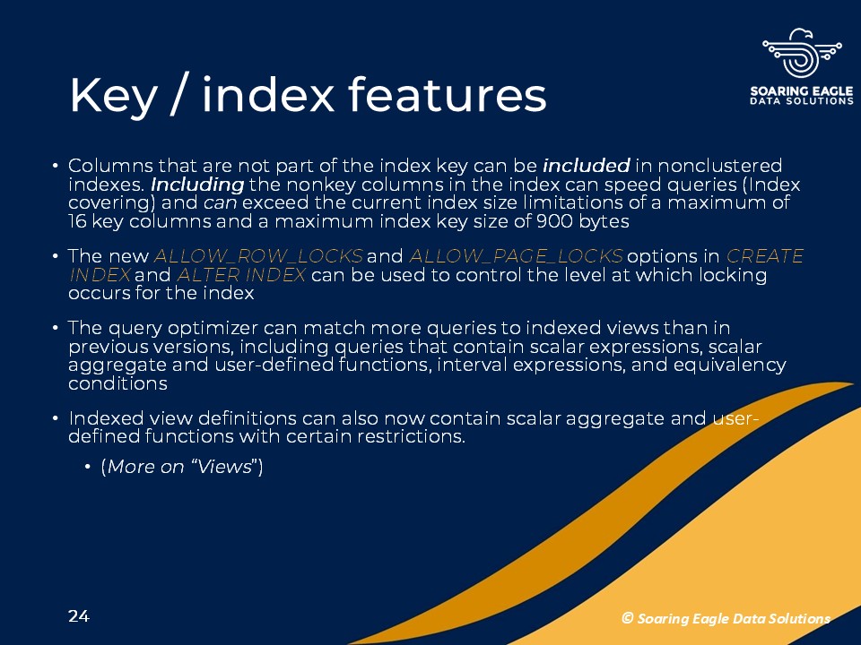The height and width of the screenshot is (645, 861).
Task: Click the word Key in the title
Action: click(113, 96)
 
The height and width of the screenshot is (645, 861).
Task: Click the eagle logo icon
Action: click(802, 53)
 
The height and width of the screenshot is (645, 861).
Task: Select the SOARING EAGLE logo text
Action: click(802, 91)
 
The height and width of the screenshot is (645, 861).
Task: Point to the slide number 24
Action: click(79, 616)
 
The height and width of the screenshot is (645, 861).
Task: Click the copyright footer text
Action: click(726, 619)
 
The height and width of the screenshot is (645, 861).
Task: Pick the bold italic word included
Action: click(586, 166)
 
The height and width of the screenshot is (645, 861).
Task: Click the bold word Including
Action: click(197, 185)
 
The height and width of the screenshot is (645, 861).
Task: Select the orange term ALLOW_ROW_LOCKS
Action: click(258, 256)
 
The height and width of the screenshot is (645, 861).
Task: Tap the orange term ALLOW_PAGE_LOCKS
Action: click(516, 256)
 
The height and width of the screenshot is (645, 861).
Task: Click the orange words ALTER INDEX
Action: click(241, 274)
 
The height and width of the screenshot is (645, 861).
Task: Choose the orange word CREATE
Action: click(765, 256)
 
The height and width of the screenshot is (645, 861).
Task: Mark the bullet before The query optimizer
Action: click(55, 328)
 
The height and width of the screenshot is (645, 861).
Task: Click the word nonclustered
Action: click(720, 166)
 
